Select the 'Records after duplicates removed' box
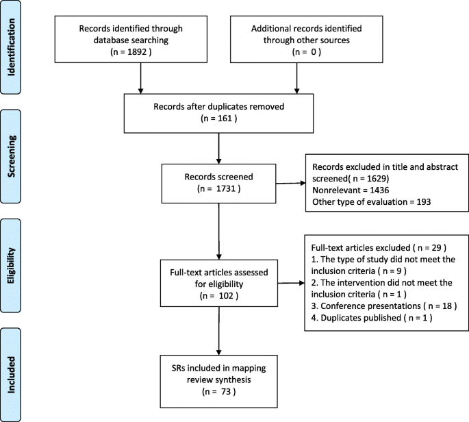point(218,113)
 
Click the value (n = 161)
point(218,121)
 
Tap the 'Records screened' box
point(218,179)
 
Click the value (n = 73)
point(218,392)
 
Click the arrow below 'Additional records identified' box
point(296,81)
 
